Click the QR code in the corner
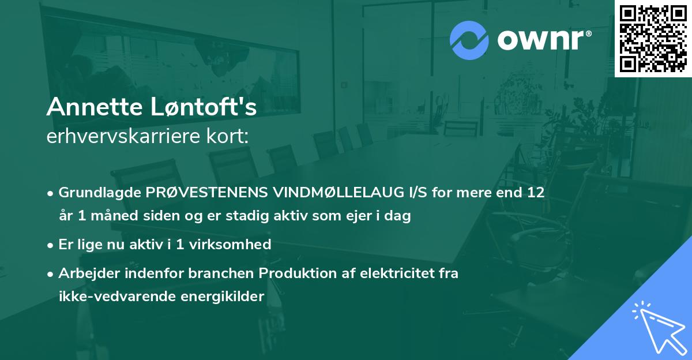coord(653,39)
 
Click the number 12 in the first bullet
coord(535,192)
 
